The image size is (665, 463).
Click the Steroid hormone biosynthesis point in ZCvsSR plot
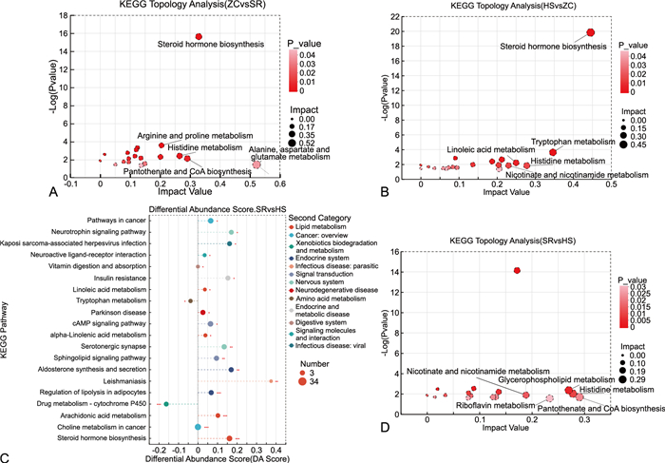tap(199, 36)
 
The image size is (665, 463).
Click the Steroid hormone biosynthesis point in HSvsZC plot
tap(590, 32)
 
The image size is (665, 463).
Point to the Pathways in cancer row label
tap(109, 221)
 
